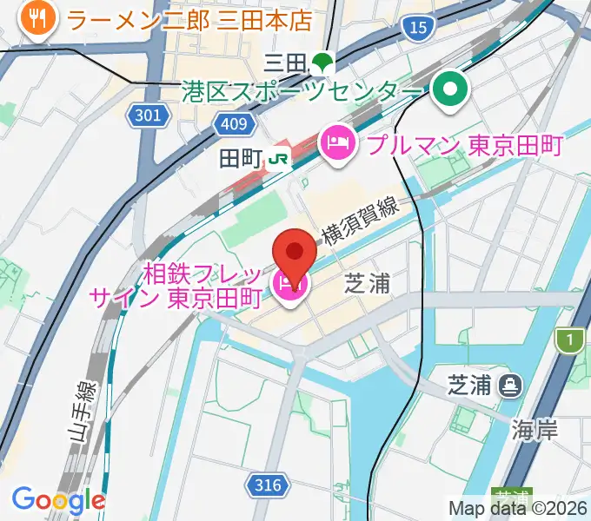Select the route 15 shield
(x=418, y=28)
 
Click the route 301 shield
(x=149, y=114)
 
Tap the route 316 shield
(x=269, y=485)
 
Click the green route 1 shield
(x=569, y=341)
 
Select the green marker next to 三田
(x=323, y=62)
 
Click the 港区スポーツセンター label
(x=302, y=89)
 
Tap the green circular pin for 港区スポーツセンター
(x=451, y=89)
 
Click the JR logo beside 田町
(x=279, y=158)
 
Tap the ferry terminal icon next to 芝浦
(x=510, y=384)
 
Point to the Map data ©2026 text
(x=518, y=508)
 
